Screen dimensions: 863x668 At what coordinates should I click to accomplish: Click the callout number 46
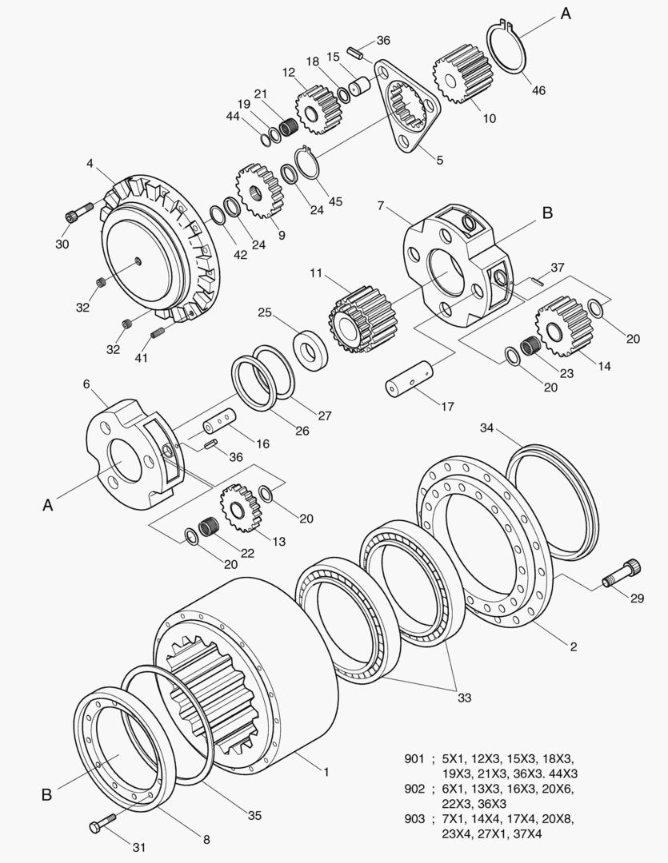tap(538, 90)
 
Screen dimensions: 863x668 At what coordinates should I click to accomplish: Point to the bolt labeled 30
tap(74, 215)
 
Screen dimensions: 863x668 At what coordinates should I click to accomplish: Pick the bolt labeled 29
tap(621, 574)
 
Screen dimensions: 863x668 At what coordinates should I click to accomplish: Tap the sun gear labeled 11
tap(356, 320)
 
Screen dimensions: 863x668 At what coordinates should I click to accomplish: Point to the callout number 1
tap(326, 771)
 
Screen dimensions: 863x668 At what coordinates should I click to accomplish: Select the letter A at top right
tap(566, 14)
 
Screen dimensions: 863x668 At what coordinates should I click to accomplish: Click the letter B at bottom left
tap(46, 795)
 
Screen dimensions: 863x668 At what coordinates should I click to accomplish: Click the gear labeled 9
tap(258, 192)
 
